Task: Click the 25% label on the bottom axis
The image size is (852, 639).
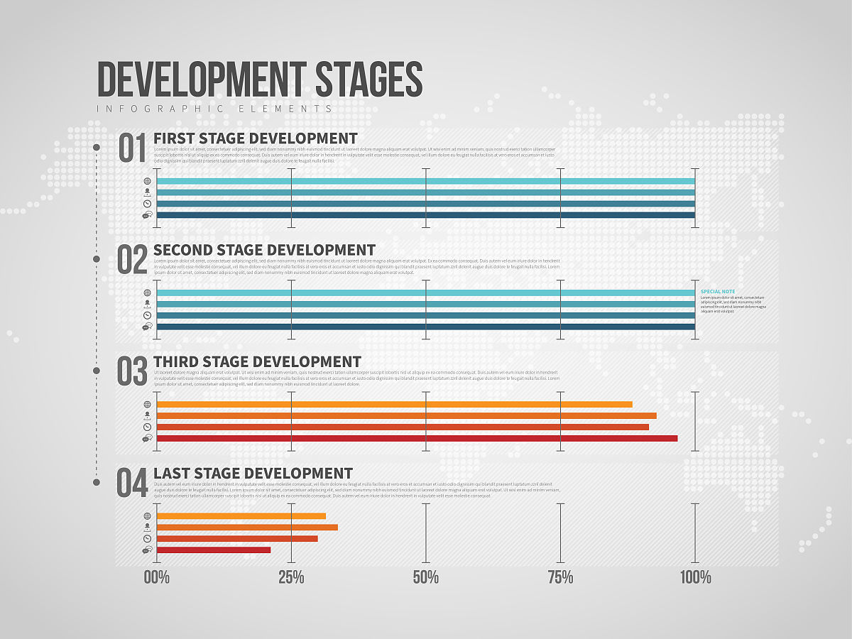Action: (291, 577)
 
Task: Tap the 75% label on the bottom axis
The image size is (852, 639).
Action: (560, 577)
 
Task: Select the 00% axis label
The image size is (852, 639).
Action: (157, 577)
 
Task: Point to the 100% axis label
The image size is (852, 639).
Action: (695, 577)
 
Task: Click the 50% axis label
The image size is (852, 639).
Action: (425, 577)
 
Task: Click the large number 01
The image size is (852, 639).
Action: (133, 148)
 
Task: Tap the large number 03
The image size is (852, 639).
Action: (133, 372)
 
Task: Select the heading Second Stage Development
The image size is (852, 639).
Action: (264, 250)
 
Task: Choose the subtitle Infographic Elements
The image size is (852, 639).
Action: (214, 109)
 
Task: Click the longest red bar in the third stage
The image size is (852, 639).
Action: (417, 438)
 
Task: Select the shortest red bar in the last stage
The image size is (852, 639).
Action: (214, 550)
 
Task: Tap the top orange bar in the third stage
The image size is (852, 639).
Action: (394, 404)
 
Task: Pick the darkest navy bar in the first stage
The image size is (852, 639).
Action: (425, 215)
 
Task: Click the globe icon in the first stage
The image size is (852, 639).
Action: (147, 181)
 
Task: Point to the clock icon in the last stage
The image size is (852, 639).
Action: (147, 539)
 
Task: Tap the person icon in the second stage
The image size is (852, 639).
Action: (147, 304)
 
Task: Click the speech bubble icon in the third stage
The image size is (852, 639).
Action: (147, 438)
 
